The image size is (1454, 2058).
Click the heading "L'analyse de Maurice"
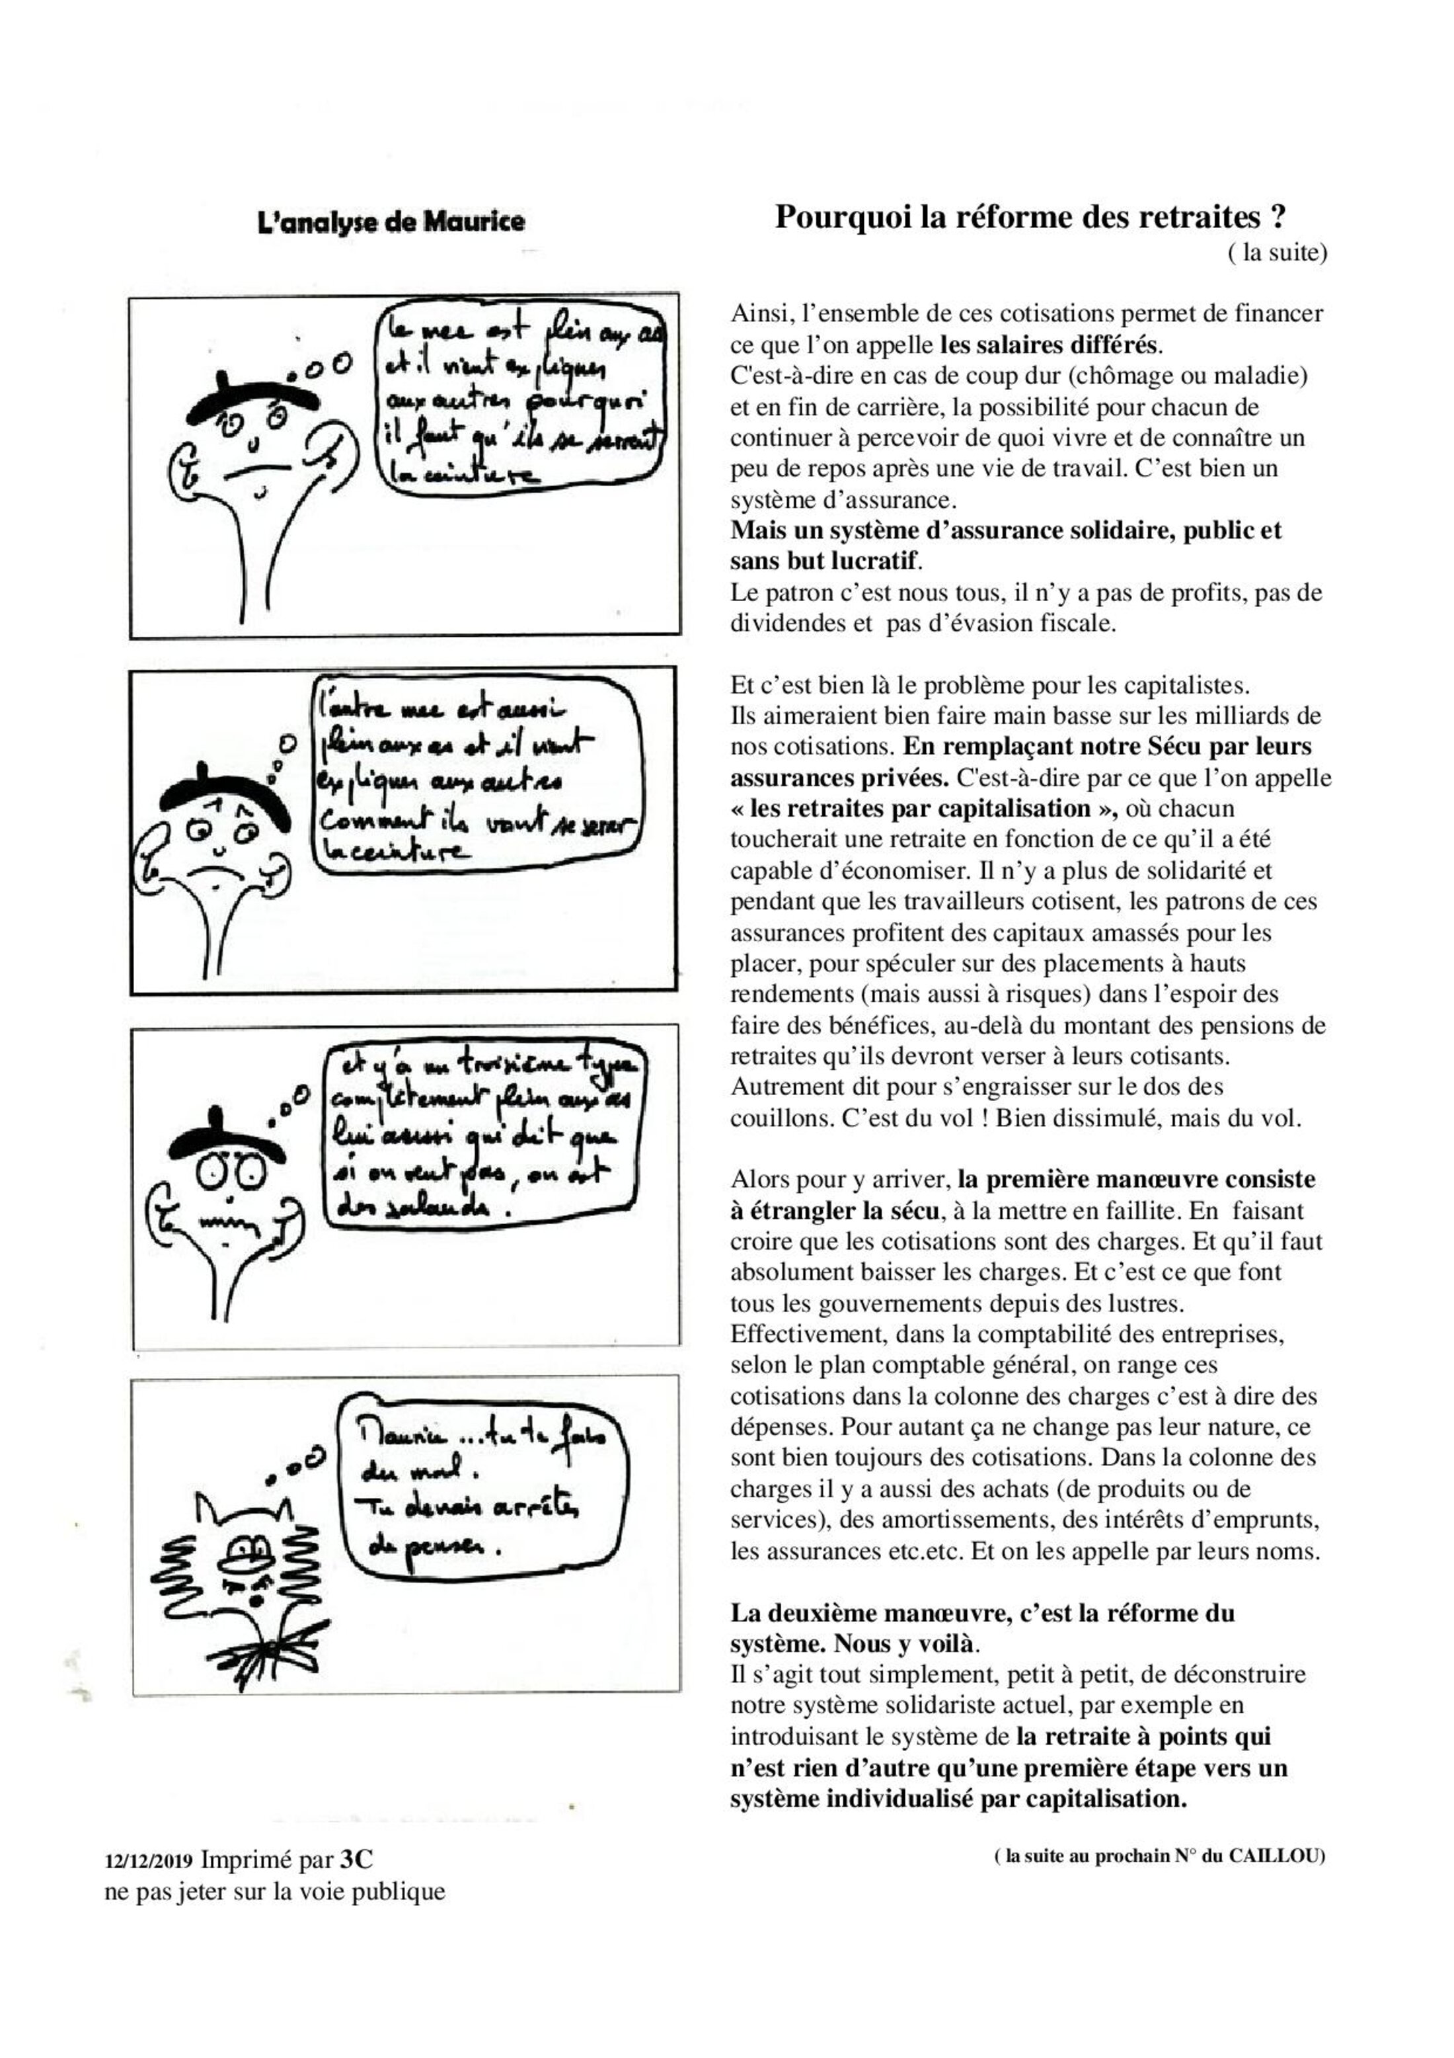(x=391, y=222)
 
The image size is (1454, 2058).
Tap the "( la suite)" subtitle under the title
(x=1277, y=253)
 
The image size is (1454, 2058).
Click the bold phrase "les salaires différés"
(x=1049, y=345)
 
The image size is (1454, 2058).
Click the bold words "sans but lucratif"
(x=824, y=561)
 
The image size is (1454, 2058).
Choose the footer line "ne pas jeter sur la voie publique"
(x=275, y=1891)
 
